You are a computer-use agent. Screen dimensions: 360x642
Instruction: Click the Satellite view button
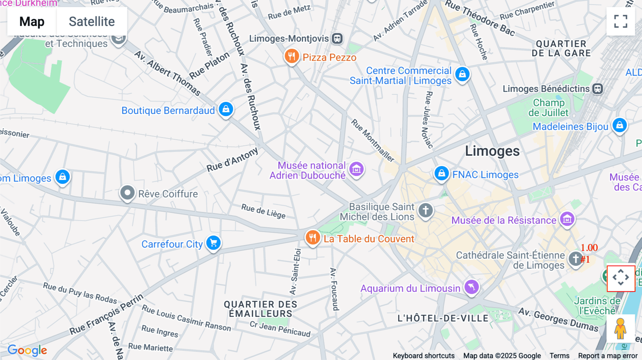pos(92,21)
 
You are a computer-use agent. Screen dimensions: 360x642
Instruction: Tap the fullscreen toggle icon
pos(621,21)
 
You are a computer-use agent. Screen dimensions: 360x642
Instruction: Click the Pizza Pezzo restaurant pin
pos(291,56)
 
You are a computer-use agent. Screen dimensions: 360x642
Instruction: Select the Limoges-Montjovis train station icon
pos(337,38)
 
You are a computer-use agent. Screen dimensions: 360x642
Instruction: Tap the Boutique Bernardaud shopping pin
pos(226,109)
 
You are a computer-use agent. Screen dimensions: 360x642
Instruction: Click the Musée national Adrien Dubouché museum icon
pos(356,169)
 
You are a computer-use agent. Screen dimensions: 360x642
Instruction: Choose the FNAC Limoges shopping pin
pos(441,174)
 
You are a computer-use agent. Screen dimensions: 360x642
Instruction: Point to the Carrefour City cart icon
pos(213,243)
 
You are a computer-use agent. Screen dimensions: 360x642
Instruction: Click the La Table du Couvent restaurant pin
pos(312,237)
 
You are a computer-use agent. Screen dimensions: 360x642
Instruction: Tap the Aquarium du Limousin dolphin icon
pos(471,287)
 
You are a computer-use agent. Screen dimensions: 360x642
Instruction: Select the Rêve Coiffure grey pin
pos(127,193)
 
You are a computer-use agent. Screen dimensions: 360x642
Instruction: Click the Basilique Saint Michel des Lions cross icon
pos(426,210)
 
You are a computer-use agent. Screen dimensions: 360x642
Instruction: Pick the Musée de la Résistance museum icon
pos(567,219)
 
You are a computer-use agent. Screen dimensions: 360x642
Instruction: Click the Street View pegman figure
pos(620,329)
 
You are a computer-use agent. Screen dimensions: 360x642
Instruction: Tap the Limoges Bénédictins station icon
pos(597,88)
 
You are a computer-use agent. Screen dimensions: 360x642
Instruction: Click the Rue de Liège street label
pos(263,211)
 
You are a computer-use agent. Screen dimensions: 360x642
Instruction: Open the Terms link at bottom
pos(559,355)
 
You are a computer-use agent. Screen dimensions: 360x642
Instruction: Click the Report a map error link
pos(607,355)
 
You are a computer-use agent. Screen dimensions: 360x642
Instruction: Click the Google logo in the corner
pos(27,350)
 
